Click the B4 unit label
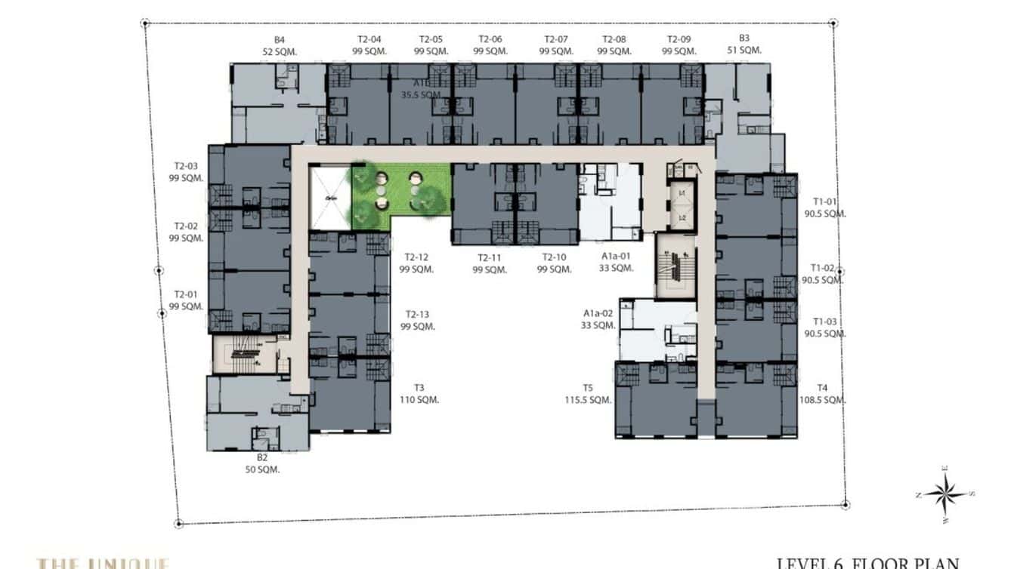click(x=279, y=39)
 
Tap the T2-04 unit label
click(x=369, y=39)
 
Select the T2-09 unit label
click(x=679, y=39)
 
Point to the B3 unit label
click(x=743, y=38)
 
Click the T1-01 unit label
click(x=824, y=202)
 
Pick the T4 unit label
click(x=823, y=389)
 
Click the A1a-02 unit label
click(x=598, y=314)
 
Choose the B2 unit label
click(x=261, y=457)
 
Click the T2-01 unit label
click(x=186, y=294)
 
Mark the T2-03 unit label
click(x=186, y=167)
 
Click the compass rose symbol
click(x=944, y=495)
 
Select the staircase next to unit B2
click(x=242, y=355)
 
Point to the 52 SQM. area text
click(x=279, y=51)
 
